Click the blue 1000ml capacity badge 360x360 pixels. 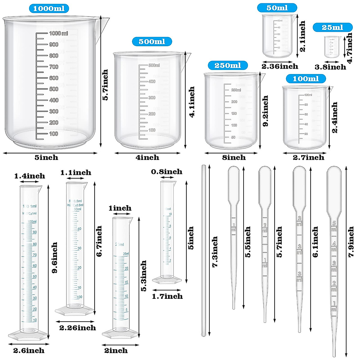pyautogui.click(x=49, y=8)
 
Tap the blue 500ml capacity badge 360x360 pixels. pyautogui.click(x=152, y=41)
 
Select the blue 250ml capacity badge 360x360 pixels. pyautogui.click(x=228, y=65)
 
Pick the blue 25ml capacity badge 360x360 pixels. pyautogui.click(x=332, y=27)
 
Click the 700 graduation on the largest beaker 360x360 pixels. pyautogui.click(x=54, y=67)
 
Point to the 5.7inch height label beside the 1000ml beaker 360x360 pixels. pyautogui.click(x=105, y=85)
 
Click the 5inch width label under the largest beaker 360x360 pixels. pyautogui.click(x=46, y=157)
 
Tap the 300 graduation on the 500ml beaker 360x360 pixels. pyautogui.click(x=152, y=98)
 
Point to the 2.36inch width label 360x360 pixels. pyautogui.click(x=280, y=66)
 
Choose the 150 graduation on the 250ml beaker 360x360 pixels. pyautogui.click(x=234, y=113)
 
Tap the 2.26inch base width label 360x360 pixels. pyautogui.click(x=77, y=328)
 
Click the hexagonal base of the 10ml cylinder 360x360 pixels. pyautogui.click(x=167, y=280)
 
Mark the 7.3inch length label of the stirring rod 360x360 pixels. pyautogui.click(x=215, y=252)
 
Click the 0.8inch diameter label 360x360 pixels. pyautogui.click(x=166, y=172)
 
